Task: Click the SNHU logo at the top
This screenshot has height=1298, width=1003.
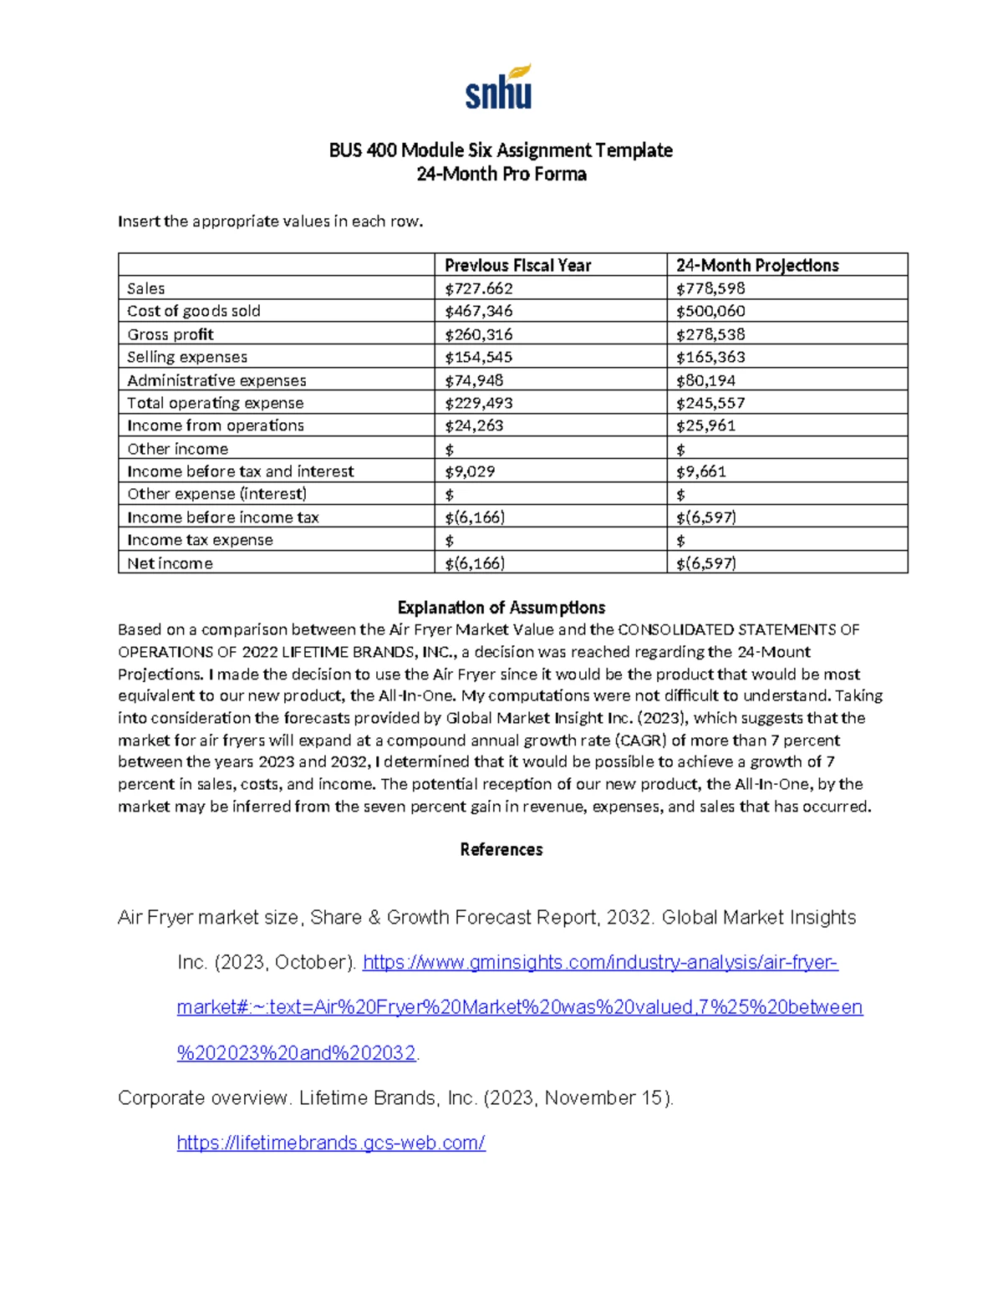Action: pyautogui.click(x=499, y=87)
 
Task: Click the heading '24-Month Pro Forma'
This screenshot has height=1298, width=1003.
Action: pyautogui.click(x=501, y=174)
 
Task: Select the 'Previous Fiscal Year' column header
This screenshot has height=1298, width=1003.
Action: pyautogui.click(x=517, y=265)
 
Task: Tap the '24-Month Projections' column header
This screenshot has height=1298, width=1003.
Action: pyautogui.click(x=757, y=265)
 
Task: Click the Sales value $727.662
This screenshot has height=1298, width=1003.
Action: pyautogui.click(x=479, y=288)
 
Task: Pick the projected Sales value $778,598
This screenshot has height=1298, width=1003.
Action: pyautogui.click(x=710, y=288)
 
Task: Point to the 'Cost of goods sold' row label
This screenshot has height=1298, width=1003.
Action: pyautogui.click(x=194, y=311)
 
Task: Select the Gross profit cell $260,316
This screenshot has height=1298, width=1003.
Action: pyautogui.click(x=479, y=334)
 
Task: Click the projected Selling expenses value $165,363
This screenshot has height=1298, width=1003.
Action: pyautogui.click(x=710, y=357)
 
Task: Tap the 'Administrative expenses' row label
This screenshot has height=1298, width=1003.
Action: pyautogui.click(x=216, y=380)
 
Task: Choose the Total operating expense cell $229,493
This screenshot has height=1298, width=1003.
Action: pyautogui.click(x=479, y=403)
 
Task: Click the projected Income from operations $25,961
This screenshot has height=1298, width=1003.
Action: pyautogui.click(x=706, y=425)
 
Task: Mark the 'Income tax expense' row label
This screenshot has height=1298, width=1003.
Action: pyautogui.click(x=200, y=540)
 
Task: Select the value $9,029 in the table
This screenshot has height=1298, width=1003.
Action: pyautogui.click(x=470, y=471)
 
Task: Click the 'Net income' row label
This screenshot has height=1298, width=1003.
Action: pyautogui.click(x=170, y=563)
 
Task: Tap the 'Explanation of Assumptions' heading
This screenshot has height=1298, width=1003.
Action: pyautogui.click(x=501, y=608)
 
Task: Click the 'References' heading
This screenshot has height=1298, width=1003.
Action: pyautogui.click(x=501, y=849)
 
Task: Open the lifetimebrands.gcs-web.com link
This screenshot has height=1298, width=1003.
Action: pyautogui.click(x=331, y=1143)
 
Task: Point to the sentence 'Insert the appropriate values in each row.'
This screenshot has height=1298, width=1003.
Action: pyautogui.click(x=271, y=221)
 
